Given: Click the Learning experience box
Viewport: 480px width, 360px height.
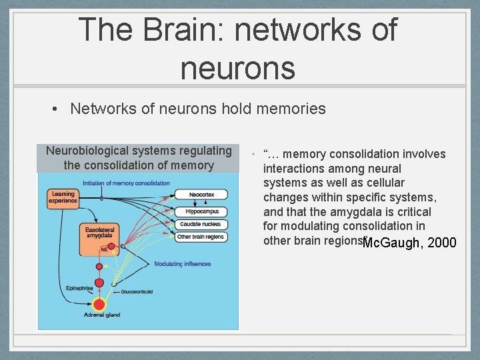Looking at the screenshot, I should tap(63, 197).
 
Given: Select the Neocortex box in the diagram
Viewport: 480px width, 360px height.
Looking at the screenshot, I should tap(199, 195).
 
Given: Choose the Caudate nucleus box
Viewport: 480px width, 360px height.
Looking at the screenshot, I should tap(199, 224).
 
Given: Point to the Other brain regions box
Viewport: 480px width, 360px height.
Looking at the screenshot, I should tap(201, 237).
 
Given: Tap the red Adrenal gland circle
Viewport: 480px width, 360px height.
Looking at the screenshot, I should tap(99, 304).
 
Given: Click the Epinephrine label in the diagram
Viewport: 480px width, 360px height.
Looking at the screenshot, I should tap(79, 288).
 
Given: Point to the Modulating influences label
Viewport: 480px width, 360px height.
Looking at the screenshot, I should tap(182, 264).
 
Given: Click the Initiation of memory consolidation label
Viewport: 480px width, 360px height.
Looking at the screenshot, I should tap(126, 183).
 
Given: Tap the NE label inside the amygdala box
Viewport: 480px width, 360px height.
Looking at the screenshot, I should tap(105, 249).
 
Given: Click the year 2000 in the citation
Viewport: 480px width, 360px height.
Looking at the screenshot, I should tap(442, 243).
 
